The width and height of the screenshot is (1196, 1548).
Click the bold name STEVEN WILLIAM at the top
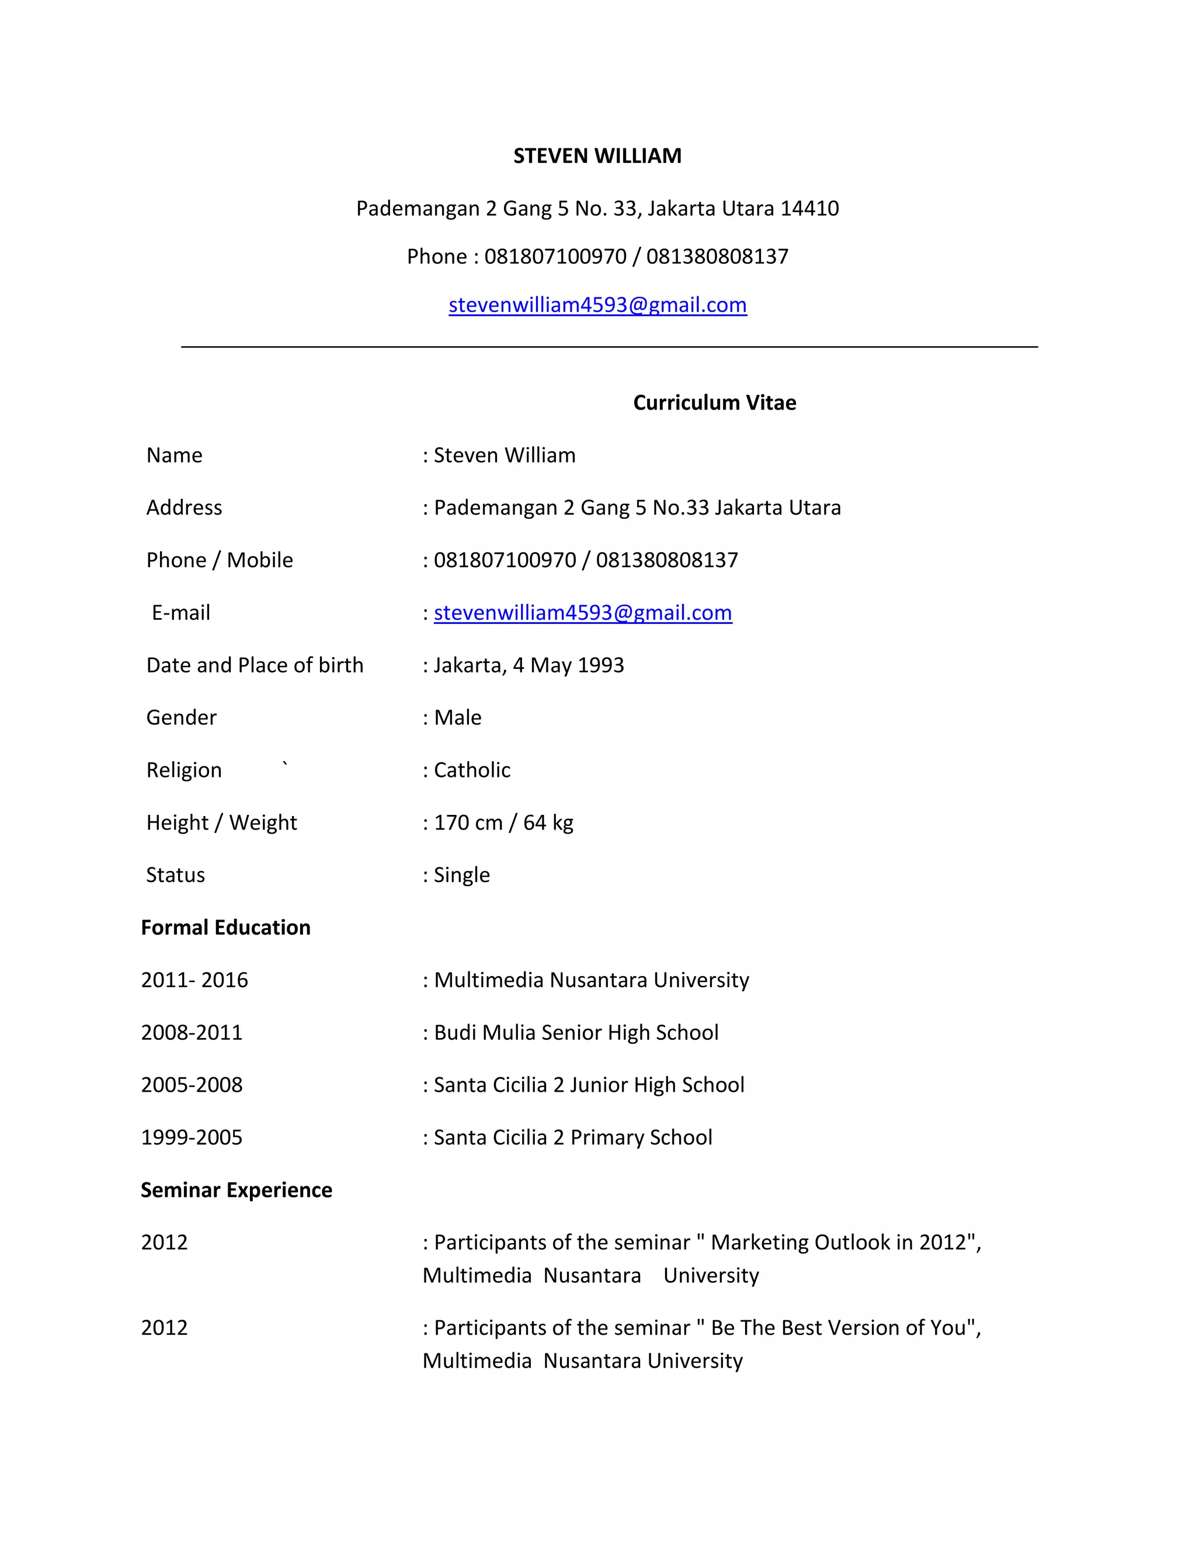click(x=597, y=156)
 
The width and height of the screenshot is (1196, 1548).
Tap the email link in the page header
click(x=597, y=305)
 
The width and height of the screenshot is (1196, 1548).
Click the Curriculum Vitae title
click(x=714, y=402)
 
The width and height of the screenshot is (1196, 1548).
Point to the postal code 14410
click(x=809, y=209)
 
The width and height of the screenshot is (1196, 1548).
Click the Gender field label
click(x=182, y=717)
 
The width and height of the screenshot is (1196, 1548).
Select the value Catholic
click(x=472, y=770)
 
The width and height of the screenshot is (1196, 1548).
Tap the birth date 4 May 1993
click(x=568, y=665)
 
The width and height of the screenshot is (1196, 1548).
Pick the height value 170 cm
click(x=468, y=822)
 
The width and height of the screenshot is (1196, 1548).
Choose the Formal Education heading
click(x=225, y=927)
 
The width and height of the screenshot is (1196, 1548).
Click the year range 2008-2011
click(x=192, y=1032)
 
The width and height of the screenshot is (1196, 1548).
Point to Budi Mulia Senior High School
click(x=576, y=1032)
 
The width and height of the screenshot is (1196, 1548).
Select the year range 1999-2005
click(x=192, y=1137)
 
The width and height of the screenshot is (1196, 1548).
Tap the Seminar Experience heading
click(x=236, y=1189)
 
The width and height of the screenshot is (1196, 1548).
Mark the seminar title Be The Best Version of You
click(x=837, y=1328)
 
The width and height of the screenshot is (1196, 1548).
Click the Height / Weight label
click(x=221, y=822)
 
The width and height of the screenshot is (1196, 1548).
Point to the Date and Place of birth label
click(x=255, y=665)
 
